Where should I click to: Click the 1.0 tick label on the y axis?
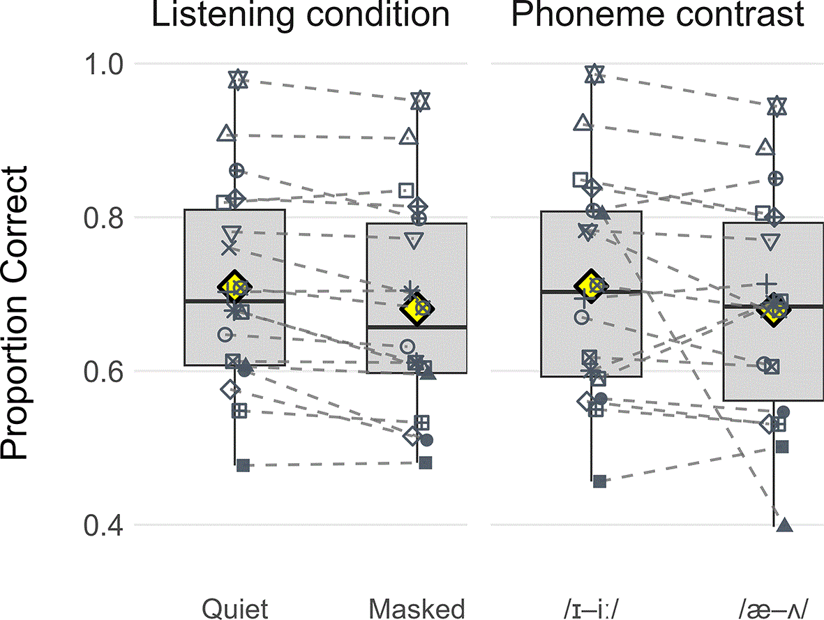[103, 65]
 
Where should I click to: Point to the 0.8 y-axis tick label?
[103, 218]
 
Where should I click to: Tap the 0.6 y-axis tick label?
[103, 372]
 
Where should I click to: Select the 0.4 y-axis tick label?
[103, 525]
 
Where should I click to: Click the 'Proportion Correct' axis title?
[14, 313]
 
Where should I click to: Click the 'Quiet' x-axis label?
[235, 609]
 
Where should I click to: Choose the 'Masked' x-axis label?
[417, 609]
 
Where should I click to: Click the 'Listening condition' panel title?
[301, 14]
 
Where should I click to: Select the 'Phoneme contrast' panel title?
[657, 14]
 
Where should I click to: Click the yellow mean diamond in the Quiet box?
[234, 287]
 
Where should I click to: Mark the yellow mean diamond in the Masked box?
[417, 308]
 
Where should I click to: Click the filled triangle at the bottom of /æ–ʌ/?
[785, 524]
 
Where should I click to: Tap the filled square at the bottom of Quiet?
[243, 465]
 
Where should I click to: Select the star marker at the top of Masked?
[420, 100]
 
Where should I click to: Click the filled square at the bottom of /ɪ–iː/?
[599, 481]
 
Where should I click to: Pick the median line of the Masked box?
[417, 327]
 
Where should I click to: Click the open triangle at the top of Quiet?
[226, 133]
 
